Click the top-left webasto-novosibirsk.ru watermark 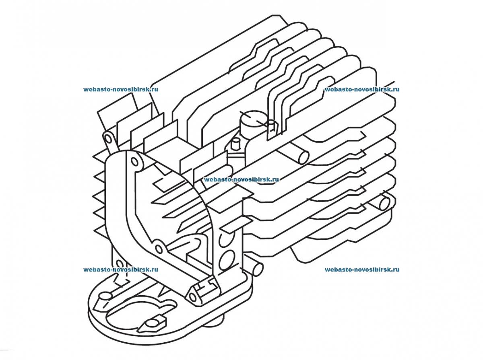(x=120, y=89)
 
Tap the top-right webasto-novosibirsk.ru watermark (x=362, y=89)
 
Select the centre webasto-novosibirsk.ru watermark (x=241, y=180)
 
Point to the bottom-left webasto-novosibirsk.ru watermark (x=120, y=270)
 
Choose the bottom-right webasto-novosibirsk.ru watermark (x=362, y=270)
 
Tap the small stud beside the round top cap (x=233, y=143)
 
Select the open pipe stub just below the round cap (x=301, y=156)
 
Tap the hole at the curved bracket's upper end (x=135, y=162)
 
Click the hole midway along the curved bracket (x=159, y=248)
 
